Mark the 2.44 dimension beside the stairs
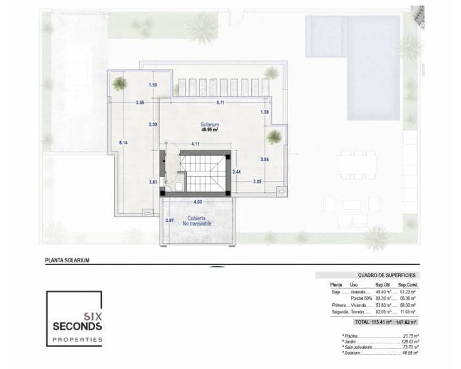point(236,172)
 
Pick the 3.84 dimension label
point(265,159)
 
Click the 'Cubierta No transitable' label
point(198,221)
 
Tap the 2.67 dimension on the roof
point(169,221)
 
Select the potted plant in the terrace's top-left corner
point(119,84)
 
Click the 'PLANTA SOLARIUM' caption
point(67,260)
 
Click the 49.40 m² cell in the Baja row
point(383,292)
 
